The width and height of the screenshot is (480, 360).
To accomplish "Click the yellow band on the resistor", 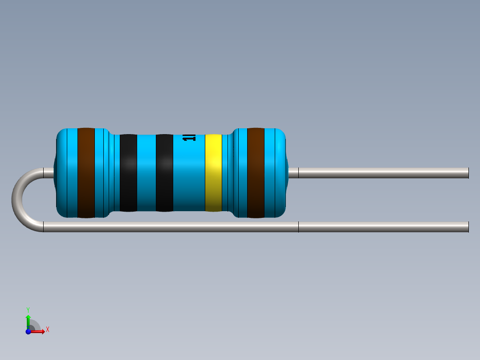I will (213, 172).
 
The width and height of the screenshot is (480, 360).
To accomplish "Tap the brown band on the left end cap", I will (86, 172).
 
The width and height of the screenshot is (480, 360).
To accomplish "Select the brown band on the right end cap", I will (256, 172).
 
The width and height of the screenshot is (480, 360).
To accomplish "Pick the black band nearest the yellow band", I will (164, 172).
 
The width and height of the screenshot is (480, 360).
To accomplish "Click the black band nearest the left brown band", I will (128, 172).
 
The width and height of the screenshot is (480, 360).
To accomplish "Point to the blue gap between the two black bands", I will (146, 172).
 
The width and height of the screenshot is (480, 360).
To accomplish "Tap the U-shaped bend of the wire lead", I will (18, 200).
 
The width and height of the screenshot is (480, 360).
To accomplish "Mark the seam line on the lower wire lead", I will (298, 227).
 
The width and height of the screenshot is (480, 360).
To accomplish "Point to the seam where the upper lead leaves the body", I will (298, 173).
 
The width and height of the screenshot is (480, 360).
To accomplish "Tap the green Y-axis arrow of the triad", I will (28, 319).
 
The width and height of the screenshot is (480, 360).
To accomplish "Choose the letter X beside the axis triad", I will (47, 330).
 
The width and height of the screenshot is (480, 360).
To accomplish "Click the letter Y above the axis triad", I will (28, 309).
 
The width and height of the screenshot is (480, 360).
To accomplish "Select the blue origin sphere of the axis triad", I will (28, 331).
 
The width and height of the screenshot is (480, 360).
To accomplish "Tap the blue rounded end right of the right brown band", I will (276, 172).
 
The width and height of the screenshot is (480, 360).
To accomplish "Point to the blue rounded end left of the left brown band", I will (67, 172).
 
